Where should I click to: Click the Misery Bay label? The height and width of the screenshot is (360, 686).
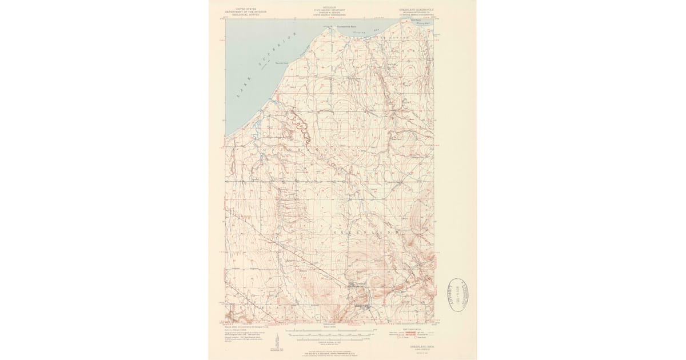(420, 25)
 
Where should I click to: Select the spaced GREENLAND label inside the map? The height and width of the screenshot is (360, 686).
(360, 233)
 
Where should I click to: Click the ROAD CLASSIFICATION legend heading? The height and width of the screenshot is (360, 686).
(410, 329)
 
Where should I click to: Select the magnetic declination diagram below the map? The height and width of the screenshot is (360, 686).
(278, 337)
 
